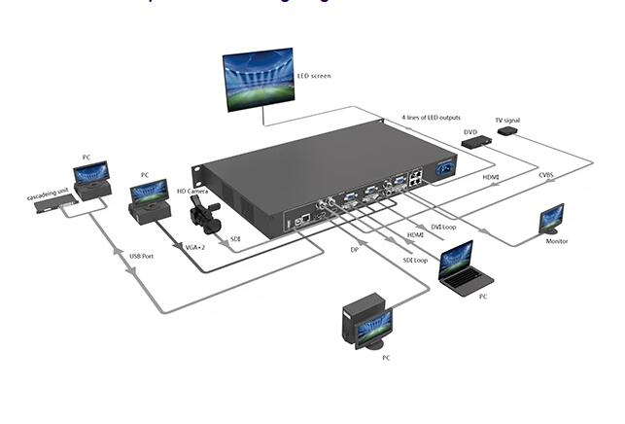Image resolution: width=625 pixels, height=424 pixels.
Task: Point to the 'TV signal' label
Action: tap(507, 120)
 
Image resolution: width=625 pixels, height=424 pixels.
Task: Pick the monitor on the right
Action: tap(552, 219)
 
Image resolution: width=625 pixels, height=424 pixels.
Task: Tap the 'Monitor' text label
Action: tap(557, 241)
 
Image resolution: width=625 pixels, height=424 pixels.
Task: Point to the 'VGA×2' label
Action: tap(197, 247)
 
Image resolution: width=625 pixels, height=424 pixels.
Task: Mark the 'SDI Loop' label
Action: tap(414, 261)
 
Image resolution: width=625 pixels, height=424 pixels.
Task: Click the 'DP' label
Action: tap(355, 251)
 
